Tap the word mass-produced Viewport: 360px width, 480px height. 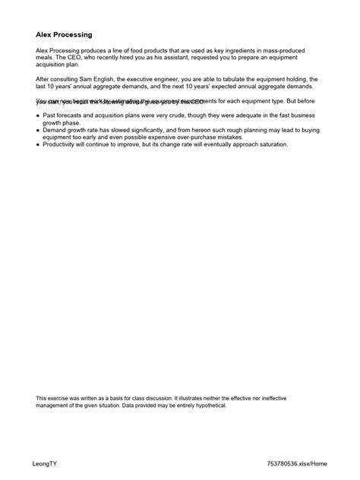pyautogui.click(x=300, y=49)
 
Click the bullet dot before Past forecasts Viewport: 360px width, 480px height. pyautogui.click(x=38, y=115)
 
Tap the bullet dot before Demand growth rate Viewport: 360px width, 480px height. pyautogui.click(x=38, y=129)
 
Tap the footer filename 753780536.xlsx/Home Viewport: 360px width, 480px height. pyautogui.click(x=297, y=461)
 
